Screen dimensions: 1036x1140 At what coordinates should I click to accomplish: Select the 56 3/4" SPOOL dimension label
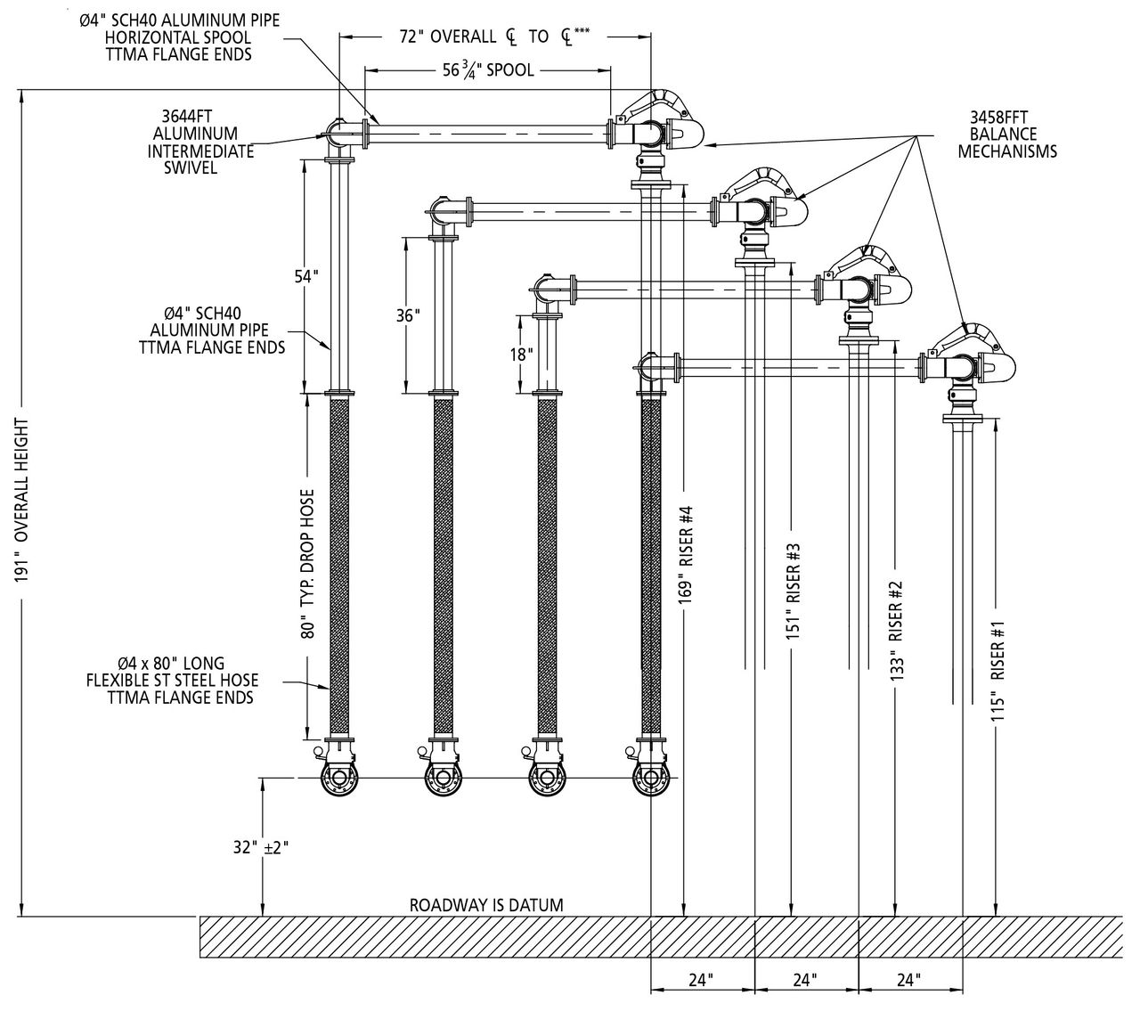pos(488,69)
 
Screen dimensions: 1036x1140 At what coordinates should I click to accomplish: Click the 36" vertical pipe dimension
pos(409,315)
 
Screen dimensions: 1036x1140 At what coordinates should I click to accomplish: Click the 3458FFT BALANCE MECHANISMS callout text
pos(1007,134)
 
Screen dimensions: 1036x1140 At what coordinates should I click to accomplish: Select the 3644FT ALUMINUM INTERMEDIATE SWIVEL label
pos(200,141)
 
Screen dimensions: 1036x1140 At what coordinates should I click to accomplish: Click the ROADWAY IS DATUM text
pos(486,905)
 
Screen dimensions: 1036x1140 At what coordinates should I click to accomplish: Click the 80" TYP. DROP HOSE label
pos(308,563)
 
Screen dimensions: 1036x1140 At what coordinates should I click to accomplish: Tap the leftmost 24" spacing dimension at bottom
pos(702,980)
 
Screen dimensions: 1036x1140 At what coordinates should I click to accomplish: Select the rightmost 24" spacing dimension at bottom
pos(908,980)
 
